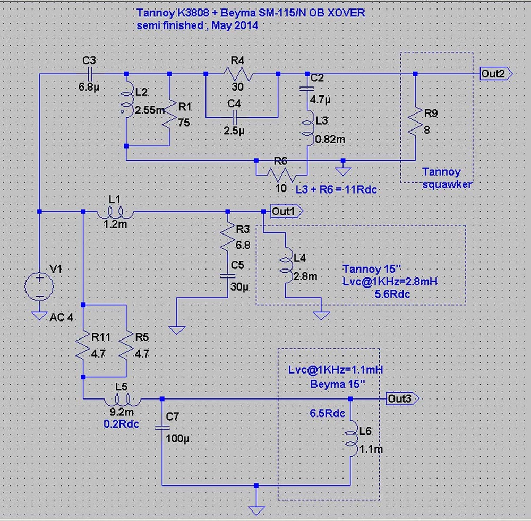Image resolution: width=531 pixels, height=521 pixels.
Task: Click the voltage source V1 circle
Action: (x=39, y=286)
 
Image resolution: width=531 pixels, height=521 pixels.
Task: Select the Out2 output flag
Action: (x=495, y=73)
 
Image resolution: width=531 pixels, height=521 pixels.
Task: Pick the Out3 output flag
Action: (x=401, y=398)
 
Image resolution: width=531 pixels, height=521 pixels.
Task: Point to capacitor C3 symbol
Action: (x=90, y=74)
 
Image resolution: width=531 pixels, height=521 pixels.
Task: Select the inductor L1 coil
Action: (x=115, y=212)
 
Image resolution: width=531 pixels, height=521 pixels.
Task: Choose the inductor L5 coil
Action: (x=123, y=399)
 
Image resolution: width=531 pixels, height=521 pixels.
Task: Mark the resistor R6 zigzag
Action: (x=280, y=173)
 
